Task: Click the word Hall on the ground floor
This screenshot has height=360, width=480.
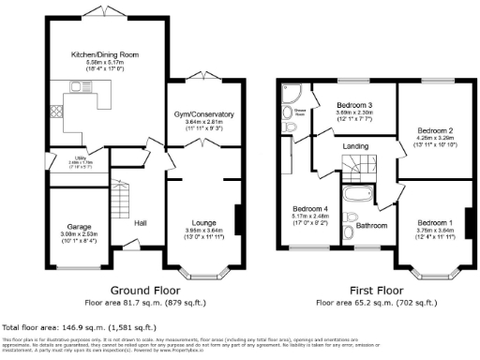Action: point(140,222)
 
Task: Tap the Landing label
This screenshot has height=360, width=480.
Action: point(355,145)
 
